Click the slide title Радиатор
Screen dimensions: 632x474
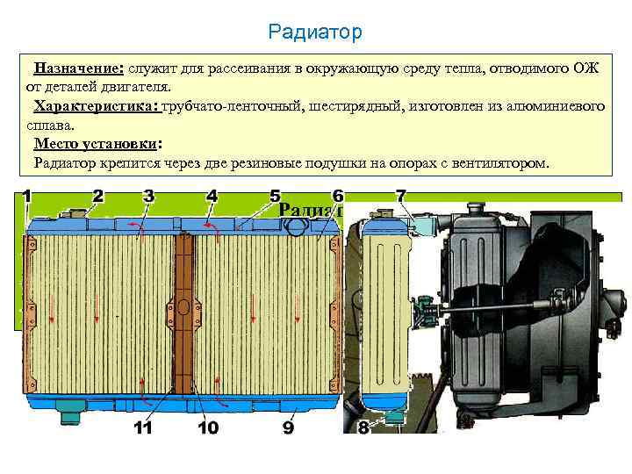pos(315,33)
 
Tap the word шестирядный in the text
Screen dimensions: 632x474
pos(352,107)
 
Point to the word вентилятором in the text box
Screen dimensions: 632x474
pos(500,163)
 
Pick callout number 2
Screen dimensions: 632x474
pos(97,195)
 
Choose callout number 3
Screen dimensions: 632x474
pos(148,195)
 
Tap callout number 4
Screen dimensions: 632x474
pos(212,195)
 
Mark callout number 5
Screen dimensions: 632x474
pos(275,195)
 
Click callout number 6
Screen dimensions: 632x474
pos(338,195)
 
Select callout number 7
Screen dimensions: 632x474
pos(400,195)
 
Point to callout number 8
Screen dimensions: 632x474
pos(363,428)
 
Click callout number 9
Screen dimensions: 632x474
pos(288,428)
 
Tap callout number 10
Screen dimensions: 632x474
pos(207,428)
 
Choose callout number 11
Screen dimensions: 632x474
pos(143,428)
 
